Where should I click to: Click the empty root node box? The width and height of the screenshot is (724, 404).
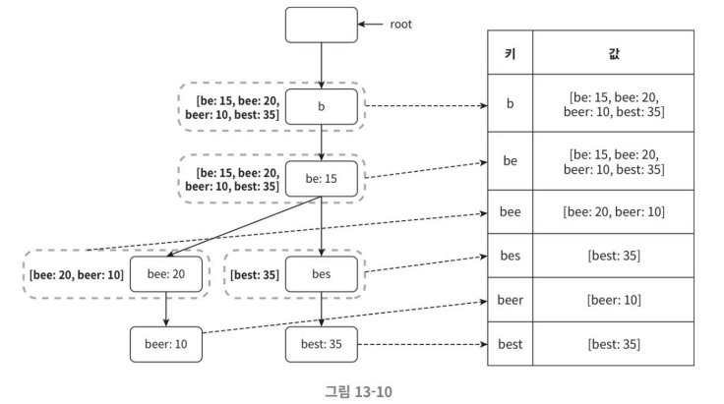(322, 25)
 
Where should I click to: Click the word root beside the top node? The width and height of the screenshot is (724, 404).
(400, 25)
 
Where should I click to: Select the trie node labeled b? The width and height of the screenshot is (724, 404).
(322, 106)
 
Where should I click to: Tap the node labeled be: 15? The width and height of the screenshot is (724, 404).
(322, 179)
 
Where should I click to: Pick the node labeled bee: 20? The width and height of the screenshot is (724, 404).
(166, 274)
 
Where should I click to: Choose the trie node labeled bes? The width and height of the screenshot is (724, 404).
(322, 274)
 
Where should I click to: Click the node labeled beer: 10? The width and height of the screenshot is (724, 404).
(166, 344)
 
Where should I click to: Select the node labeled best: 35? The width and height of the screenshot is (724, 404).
(322, 344)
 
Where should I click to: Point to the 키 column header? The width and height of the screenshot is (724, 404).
(511, 52)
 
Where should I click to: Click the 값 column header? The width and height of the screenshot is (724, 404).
(613, 52)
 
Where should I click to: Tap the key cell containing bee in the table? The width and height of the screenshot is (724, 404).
(511, 211)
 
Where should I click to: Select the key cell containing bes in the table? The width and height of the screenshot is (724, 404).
(511, 256)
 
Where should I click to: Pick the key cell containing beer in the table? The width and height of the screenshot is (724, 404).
(511, 300)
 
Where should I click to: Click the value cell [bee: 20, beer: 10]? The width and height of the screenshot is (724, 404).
(613, 211)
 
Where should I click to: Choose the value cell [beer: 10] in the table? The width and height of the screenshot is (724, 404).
(613, 300)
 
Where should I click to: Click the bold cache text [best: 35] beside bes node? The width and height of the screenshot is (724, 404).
(255, 275)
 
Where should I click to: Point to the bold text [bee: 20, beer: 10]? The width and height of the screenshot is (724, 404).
(77, 275)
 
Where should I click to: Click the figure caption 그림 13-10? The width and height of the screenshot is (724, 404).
(358, 391)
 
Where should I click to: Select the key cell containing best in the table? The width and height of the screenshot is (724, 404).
(511, 344)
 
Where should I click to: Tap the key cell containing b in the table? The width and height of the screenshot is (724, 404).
(511, 103)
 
